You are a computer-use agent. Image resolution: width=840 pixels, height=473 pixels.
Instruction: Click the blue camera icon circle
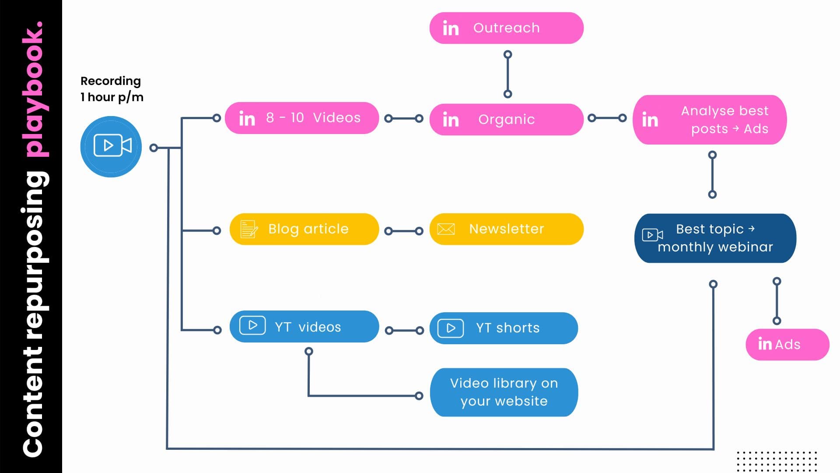pos(111,147)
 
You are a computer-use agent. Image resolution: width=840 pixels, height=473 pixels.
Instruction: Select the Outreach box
pos(506,28)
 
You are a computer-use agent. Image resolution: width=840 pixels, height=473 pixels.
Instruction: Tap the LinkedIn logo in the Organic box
pos(451,120)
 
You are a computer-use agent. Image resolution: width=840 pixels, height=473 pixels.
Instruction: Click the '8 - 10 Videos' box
pos(302,118)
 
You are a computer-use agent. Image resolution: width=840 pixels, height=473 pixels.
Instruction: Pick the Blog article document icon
pos(249,229)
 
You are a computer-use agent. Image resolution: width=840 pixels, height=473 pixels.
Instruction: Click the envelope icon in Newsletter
pos(446,229)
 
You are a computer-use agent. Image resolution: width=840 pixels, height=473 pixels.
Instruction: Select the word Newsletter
pos(507,229)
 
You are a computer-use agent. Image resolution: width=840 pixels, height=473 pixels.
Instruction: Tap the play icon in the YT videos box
pos(252,325)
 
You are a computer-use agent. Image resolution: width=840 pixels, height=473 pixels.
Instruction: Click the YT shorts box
pos(504,328)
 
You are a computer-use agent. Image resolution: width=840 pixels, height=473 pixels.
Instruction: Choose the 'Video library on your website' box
pos(504,392)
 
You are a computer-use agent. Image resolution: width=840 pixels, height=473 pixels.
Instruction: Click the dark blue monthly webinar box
pos(715,238)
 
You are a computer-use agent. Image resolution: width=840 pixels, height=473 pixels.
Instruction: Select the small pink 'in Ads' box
pos(787,345)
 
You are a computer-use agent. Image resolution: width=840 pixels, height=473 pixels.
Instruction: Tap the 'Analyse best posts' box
pos(709,120)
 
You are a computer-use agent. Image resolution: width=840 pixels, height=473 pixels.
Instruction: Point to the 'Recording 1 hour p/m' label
pos(112,89)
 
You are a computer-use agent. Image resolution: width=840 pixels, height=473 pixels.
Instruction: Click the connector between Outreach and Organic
pos(507,74)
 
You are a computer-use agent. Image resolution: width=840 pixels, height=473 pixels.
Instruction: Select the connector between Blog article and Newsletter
pos(404,231)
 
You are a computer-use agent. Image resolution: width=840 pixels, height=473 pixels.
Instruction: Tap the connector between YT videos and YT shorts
pos(404,330)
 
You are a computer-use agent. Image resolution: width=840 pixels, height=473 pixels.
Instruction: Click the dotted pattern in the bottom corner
pos(777,461)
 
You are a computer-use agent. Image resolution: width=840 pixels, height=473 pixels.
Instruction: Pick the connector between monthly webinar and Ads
pos(777,301)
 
